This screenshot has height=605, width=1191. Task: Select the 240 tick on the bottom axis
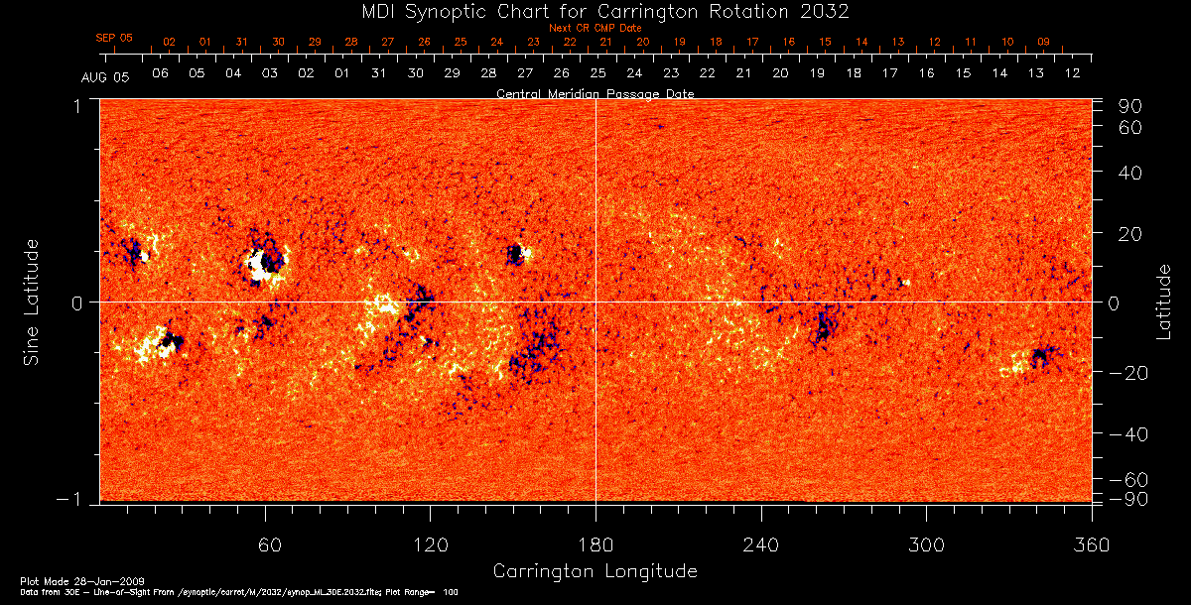(761, 544)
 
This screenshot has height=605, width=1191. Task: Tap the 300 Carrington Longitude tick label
(926, 544)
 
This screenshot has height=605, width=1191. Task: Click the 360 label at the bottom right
(1091, 544)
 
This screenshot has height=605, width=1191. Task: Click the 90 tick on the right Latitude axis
(1132, 106)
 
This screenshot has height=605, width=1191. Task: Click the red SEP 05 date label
(114, 38)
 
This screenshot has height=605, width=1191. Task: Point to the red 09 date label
(1043, 42)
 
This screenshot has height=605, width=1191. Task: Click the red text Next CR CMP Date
(595, 28)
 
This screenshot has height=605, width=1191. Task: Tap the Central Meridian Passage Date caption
(595, 93)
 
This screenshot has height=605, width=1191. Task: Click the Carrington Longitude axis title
(595, 571)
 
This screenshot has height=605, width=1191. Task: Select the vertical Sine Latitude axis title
(33, 302)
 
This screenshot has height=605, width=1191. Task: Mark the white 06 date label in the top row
(160, 73)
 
